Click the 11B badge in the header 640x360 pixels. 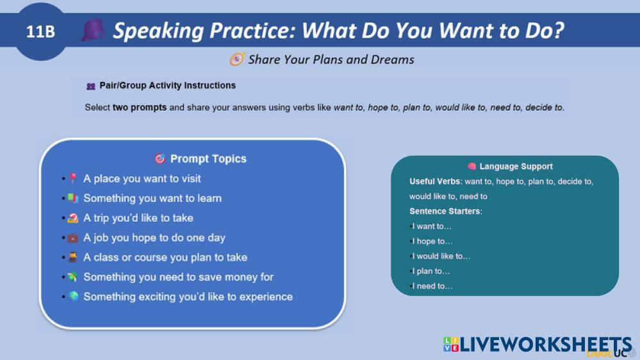point(40,31)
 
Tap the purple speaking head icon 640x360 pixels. point(93,30)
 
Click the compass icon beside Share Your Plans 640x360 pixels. point(237,60)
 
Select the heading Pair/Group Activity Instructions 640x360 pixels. point(167,85)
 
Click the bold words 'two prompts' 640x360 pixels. point(140,108)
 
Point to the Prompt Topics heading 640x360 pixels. point(208,159)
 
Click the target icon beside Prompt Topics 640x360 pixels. point(160,158)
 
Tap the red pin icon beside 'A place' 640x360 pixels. point(73,178)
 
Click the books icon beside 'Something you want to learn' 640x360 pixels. point(72,198)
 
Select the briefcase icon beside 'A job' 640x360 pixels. point(72,238)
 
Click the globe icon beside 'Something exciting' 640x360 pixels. point(74,297)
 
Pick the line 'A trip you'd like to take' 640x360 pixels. point(138,218)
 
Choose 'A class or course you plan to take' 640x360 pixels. point(165,258)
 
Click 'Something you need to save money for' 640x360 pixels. point(178,277)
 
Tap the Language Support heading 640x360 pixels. point(516,166)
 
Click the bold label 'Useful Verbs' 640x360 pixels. point(435,182)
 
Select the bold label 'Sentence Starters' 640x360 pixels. point(445,211)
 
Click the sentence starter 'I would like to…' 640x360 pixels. point(441,256)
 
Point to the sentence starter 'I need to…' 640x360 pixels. point(432,286)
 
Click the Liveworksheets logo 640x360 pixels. point(537,345)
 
